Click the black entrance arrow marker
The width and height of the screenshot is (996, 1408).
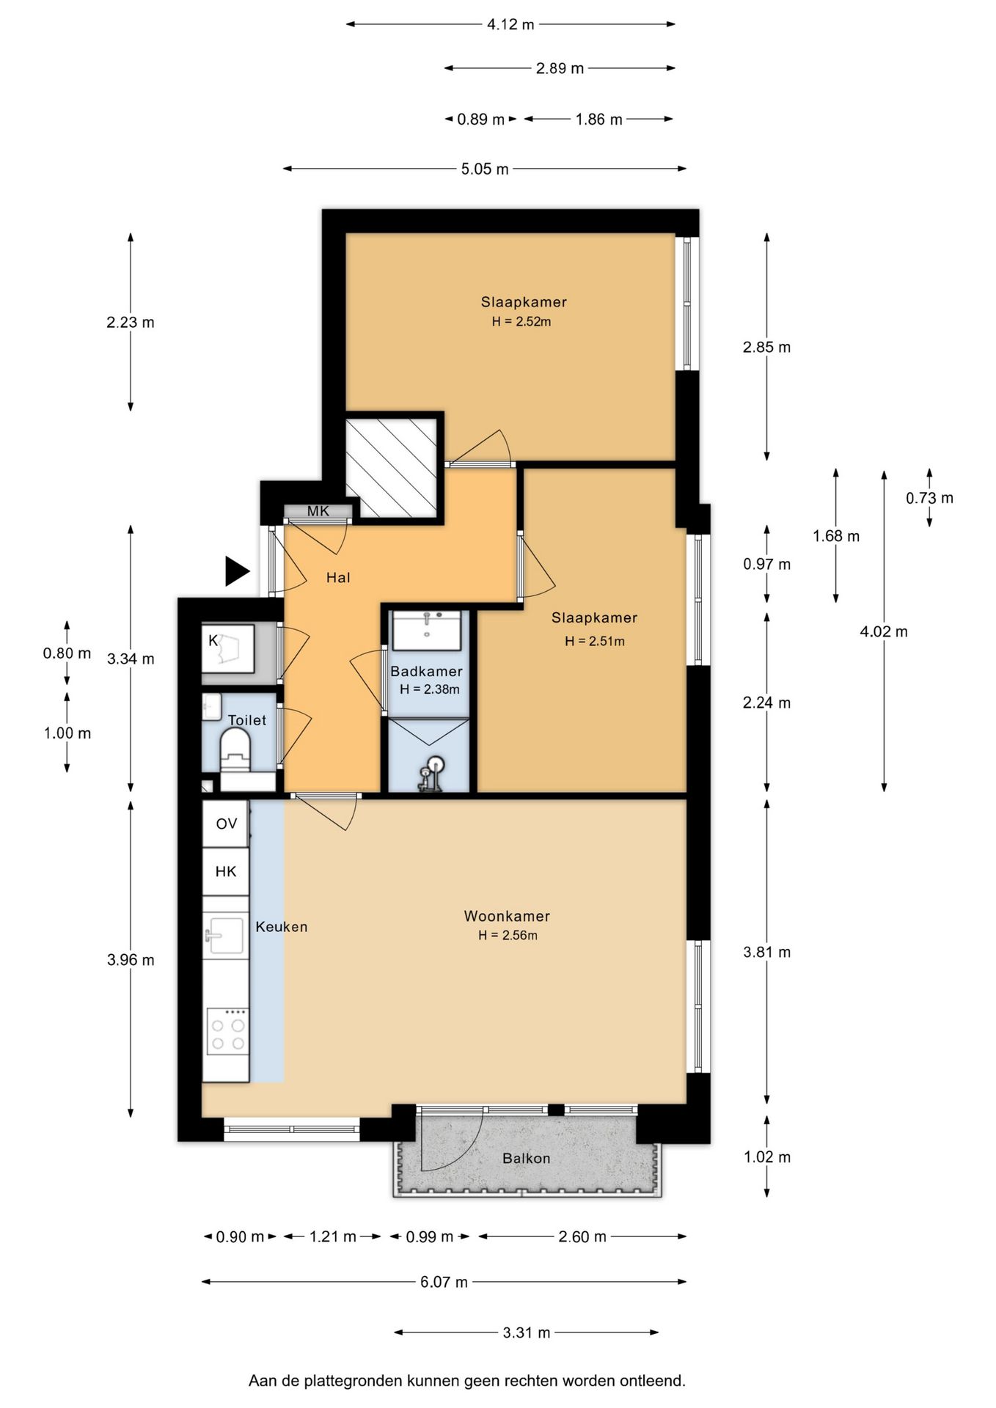(236, 571)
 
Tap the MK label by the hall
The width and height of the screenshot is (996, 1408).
(318, 511)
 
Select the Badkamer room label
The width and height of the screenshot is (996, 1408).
(426, 671)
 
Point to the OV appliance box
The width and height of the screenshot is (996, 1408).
(226, 824)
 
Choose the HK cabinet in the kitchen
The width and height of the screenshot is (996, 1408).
(226, 871)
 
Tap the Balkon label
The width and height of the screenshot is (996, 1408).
(526, 1159)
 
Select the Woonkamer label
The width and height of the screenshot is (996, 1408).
(507, 916)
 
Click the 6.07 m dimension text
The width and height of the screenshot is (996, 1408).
(444, 1282)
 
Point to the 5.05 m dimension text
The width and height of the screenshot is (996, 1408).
(485, 169)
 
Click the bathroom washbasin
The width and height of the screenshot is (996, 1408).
(426, 630)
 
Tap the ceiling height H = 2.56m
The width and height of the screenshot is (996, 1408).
(508, 935)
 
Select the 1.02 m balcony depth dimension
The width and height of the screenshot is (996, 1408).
(767, 1157)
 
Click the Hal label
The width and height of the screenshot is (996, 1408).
(338, 578)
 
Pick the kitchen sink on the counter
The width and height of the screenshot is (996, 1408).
(226, 935)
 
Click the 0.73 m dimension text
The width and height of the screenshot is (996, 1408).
(929, 498)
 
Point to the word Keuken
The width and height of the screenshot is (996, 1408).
(282, 927)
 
